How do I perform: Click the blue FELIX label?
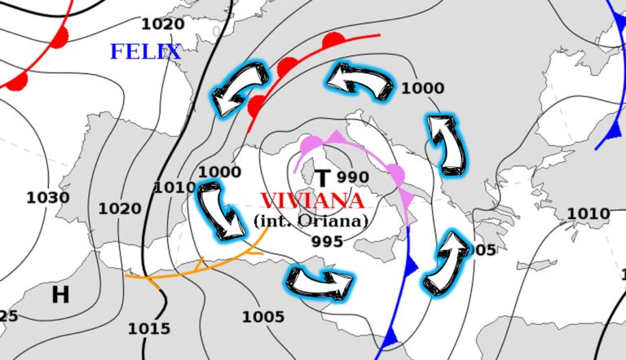tap(145, 52)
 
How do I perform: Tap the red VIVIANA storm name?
tap(311, 200)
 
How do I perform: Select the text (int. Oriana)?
tap(311, 220)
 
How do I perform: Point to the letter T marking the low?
tap(324, 178)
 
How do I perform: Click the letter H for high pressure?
tap(60, 295)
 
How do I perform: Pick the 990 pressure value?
tap(353, 178)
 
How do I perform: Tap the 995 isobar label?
tap(327, 241)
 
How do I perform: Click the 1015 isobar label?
tap(149, 329)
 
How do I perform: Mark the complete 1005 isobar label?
tap(263, 317)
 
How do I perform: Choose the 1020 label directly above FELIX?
tap(162, 24)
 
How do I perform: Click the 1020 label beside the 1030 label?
tap(120, 209)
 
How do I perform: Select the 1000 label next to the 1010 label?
tap(220, 172)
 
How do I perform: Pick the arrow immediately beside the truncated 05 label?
tap(446, 261)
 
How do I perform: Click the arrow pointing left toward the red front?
tap(359, 80)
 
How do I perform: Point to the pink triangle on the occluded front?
tap(335, 137)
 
